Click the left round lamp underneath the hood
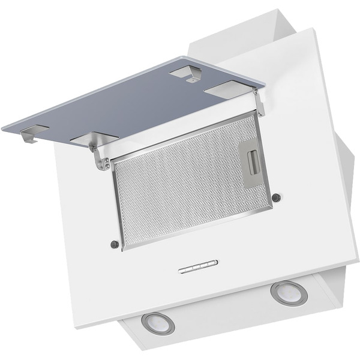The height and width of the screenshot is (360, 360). (158, 323)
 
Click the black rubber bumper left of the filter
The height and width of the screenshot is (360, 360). (114, 244)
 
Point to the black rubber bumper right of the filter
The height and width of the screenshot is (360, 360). (275, 197)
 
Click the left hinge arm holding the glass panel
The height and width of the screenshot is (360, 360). (99, 157)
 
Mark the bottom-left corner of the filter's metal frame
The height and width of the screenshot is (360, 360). (124, 248)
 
